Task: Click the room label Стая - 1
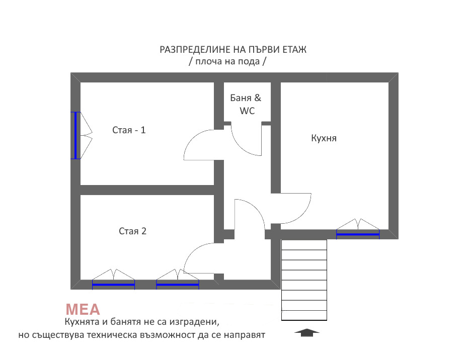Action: [x=129, y=130]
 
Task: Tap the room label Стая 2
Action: [x=132, y=231]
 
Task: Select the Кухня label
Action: [x=324, y=138]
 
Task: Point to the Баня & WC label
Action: [x=246, y=104]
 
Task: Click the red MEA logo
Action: [x=83, y=310]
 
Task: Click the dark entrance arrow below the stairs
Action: [x=306, y=332]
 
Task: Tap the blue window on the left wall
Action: [x=75, y=135]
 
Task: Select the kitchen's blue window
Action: [x=358, y=234]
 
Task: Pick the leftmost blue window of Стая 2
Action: [x=113, y=285]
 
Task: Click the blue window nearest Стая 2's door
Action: [x=178, y=285]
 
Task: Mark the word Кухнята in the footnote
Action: [x=82, y=322]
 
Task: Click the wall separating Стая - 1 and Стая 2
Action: [x=147, y=190]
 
